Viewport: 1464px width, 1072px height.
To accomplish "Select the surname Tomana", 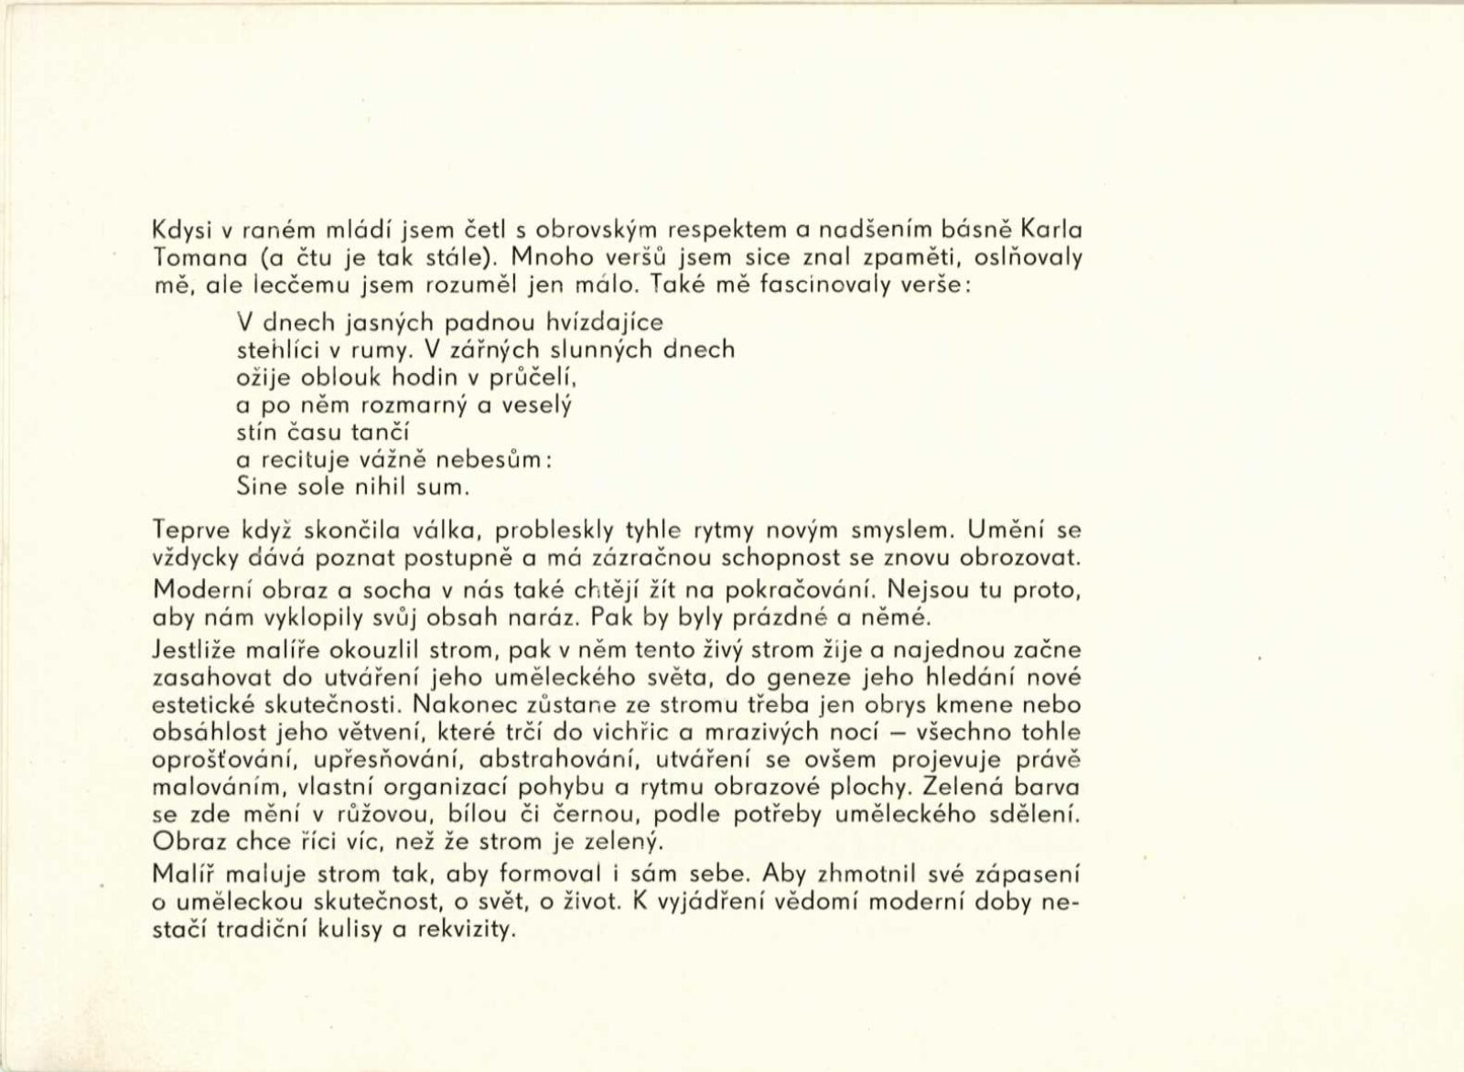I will pyautogui.click(x=188, y=257).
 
